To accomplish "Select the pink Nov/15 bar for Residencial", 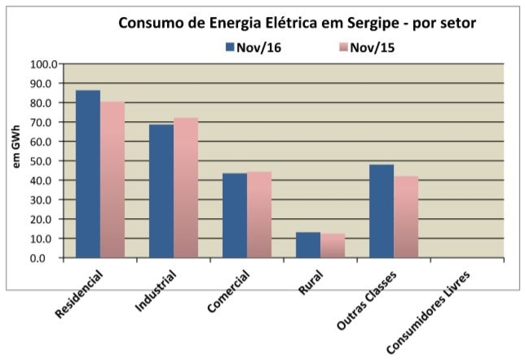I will click(112, 180).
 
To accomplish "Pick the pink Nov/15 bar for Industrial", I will click(186, 188).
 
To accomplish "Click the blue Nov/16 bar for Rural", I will click(308, 245).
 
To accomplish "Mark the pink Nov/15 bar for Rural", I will click(332, 245).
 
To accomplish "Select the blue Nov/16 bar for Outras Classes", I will click(381, 211).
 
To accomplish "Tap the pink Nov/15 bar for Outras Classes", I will click(406, 217).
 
